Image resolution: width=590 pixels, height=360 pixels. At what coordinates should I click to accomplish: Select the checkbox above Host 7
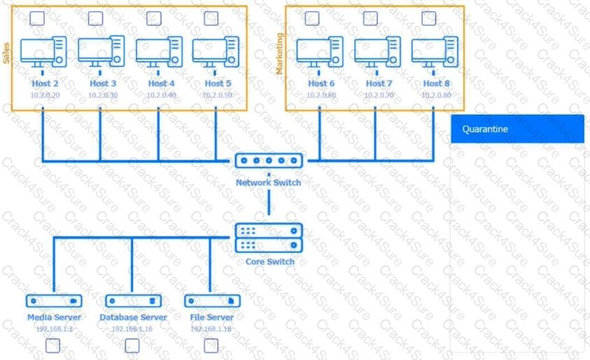371,18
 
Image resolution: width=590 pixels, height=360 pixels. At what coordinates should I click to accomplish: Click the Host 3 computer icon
101,51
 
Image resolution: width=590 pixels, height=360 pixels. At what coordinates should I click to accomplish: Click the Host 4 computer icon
158,51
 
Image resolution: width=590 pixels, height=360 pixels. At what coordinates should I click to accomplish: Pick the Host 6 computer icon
320,51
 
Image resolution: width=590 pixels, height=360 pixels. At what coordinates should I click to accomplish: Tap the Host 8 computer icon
435,51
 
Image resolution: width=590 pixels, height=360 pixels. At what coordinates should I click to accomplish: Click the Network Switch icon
269,161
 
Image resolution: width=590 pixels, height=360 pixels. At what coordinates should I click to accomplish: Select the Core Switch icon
269,238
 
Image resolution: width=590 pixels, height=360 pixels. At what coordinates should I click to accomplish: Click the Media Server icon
54,300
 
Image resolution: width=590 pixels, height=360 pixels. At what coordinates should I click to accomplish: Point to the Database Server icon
133,300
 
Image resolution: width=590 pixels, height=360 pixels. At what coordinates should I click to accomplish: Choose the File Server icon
211,300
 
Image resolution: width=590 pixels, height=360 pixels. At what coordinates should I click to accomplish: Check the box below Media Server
53,345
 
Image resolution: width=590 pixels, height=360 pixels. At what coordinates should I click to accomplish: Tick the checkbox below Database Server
132,345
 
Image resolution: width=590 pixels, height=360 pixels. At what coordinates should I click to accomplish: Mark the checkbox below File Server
211,345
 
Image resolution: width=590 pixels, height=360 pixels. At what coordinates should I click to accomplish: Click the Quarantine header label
485,129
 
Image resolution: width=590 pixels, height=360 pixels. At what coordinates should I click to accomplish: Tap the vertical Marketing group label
279,53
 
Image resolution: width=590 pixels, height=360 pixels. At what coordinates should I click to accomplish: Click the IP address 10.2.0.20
45,95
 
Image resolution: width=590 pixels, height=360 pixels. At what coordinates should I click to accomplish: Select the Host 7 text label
375,83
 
